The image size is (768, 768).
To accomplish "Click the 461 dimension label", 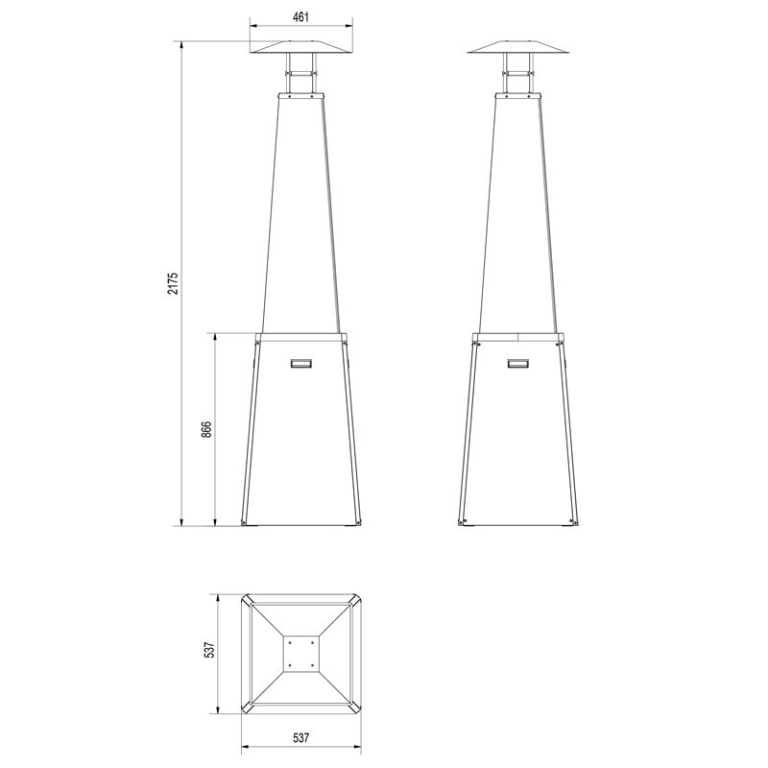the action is [x=300, y=17].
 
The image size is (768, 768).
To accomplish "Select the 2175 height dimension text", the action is [x=174, y=283].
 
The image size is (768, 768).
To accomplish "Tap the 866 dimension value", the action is [x=206, y=429].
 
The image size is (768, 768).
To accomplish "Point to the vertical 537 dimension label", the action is [x=209, y=650].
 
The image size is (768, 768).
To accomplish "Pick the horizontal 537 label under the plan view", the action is [x=300, y=737].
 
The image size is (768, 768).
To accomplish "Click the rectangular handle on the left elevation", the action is [x=301, y=364].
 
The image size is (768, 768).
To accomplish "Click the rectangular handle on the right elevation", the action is [x=518, y=364].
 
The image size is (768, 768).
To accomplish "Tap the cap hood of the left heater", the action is [x=300, y=47].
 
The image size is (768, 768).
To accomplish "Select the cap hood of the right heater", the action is [x=518, y=47].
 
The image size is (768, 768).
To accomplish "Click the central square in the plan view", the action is [x=301, y=654].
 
